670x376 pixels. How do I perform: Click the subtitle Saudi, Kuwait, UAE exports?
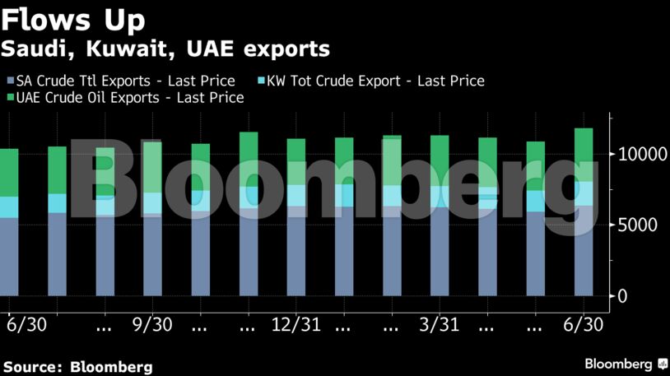(165, 49)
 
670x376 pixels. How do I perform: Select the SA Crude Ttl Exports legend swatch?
(10, 81)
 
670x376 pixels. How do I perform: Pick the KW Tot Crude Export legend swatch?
(261, 81)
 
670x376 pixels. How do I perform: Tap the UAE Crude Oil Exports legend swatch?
(10, 98)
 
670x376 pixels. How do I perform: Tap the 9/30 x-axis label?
(152, 324)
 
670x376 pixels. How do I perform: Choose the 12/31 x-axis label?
(296, 324)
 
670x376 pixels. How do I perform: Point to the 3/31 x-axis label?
(440, 324)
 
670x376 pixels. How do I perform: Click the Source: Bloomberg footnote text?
(77, 366)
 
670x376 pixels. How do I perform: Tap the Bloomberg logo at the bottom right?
(626, 364)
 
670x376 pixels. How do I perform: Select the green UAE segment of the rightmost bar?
(584, 154)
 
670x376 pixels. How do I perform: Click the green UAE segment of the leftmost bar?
(9, 173)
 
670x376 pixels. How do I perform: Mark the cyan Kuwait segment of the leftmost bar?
(9, 207)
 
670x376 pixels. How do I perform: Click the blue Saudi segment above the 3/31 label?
(440, 251)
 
